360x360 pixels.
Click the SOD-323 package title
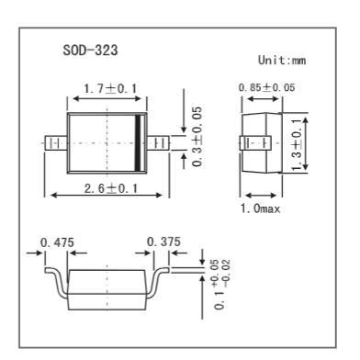coord(90,50)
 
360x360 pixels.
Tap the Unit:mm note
coord(282,60)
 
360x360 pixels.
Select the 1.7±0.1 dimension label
coord(111,89)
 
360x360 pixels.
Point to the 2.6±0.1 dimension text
coord(111,188)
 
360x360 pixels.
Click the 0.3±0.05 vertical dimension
coord(197,137)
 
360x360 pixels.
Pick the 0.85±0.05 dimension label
coord(266,87)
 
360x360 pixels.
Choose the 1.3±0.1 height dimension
coord(297,145)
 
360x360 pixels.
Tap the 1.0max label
coord(260,208)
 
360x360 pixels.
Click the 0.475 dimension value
coord(57,242)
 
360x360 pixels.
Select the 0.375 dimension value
coord(163,242)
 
